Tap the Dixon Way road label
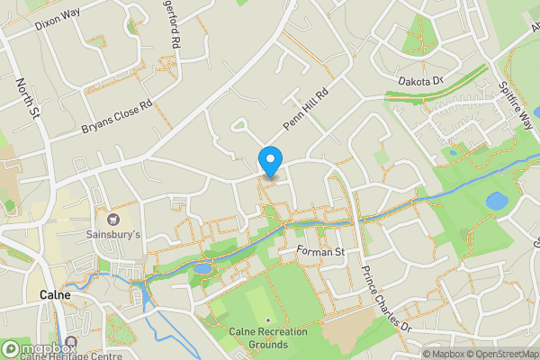click(x=58, y=19)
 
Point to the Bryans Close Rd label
click(x=116, y=116)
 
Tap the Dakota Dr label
click(x=422, y=81)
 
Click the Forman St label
click(x=320, y=252)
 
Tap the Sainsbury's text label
click(x=113, y=234)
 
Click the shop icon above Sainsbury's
click(x=113, y=219)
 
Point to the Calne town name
click(x=56, y=294)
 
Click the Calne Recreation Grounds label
click(x=268, y=337)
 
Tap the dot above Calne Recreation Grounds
click(x=268, y=320)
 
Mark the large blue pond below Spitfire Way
click(x=497, y=201)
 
